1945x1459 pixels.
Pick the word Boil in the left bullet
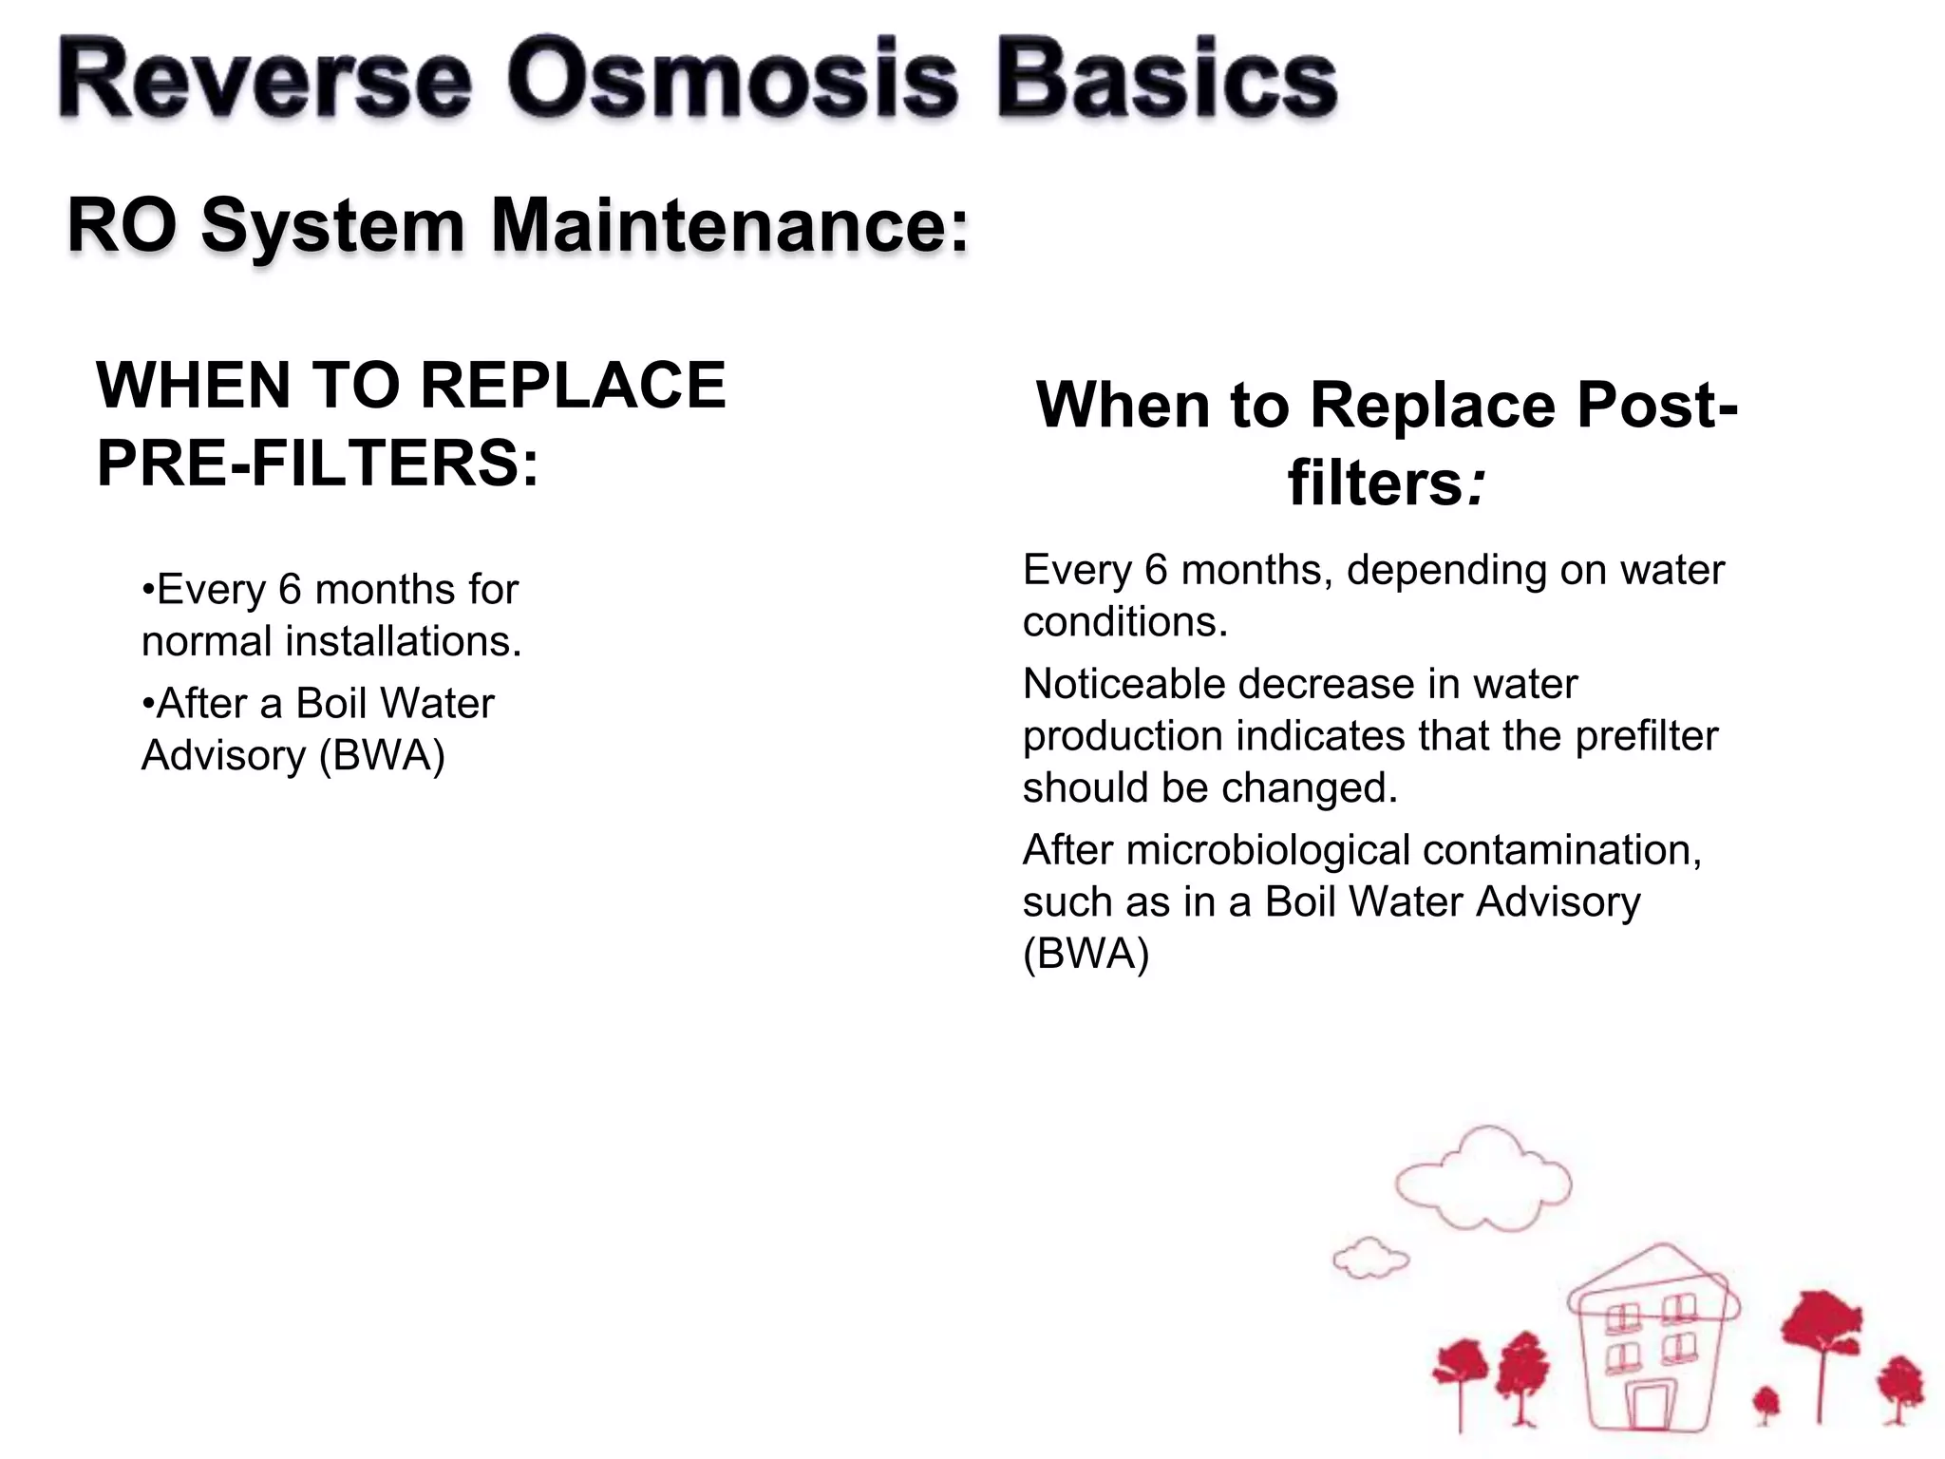pos(330,704)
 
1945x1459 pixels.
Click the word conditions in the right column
pos(1124,622)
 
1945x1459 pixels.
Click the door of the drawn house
pos(1650,1406)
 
